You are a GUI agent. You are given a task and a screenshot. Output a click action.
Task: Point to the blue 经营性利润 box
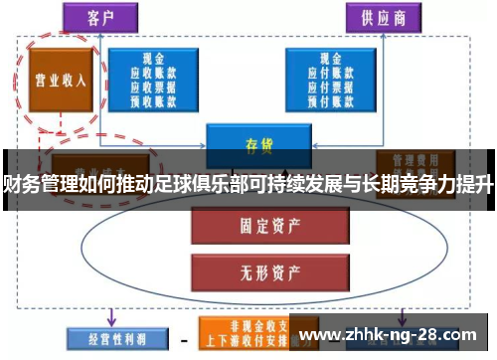click(108, 339)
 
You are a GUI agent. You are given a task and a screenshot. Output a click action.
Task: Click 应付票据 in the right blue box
click(327, 86)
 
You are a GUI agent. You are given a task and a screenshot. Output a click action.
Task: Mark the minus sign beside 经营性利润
click(183, 339)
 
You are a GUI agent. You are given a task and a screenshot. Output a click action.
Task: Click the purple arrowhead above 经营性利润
click(109, 320)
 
